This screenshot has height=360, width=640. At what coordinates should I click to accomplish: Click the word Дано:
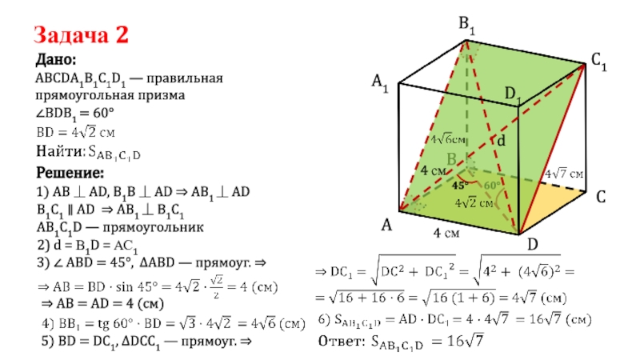56,61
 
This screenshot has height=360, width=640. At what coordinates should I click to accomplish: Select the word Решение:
70,173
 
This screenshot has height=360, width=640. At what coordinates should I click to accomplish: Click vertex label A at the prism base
386,226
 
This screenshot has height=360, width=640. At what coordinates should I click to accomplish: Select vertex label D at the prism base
531,242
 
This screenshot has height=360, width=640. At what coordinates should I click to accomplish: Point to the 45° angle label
460,186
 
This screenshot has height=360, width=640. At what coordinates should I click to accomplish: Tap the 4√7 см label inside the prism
564,174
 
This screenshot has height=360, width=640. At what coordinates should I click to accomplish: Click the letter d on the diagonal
502,141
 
